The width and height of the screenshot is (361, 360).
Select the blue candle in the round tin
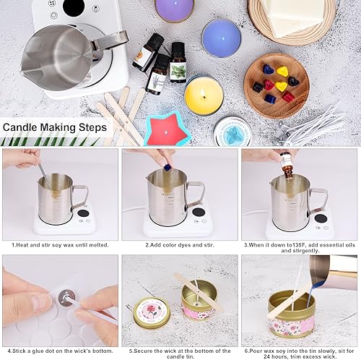[x=222, y=38]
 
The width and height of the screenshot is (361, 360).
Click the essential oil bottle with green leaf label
[x=178, y=63]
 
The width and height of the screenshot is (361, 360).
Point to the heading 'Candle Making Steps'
[x=55, y=127]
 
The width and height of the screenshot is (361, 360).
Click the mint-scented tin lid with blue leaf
[x=232, y=132]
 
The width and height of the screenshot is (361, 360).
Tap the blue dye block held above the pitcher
[x=167, y=168]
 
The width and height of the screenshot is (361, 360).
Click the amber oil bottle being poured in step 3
[x=288, y=166]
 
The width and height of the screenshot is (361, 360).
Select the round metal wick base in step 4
[x=67, y=298]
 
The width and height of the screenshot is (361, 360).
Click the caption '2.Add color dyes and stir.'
[x=180, y=245]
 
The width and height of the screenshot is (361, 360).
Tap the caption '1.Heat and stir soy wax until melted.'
[x=60, y=245]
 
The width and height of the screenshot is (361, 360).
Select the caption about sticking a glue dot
[x=60, y=351]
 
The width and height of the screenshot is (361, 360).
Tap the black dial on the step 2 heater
[x=199, y=213]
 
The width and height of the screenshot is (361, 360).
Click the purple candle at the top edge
[x=174, y=9]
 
